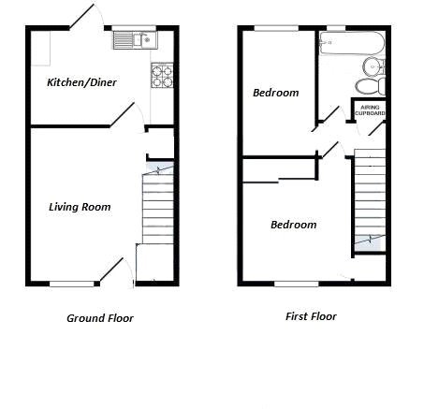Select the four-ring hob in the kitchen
tap(162, 75)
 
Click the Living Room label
tap(80, 207)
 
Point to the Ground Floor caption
tap(99, 318)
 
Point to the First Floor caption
tap(310, 316)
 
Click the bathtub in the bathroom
tap(351, 43)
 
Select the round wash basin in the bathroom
tap(373, 66)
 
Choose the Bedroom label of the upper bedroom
tap(276, 93)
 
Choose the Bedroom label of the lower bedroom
tap(293, 225)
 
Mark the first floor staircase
tap(370, 201)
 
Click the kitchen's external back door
tap(82, 16)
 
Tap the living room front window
tap(72, 284)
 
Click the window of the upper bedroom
tap(276, 28)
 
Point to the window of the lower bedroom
tap(296, 283)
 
